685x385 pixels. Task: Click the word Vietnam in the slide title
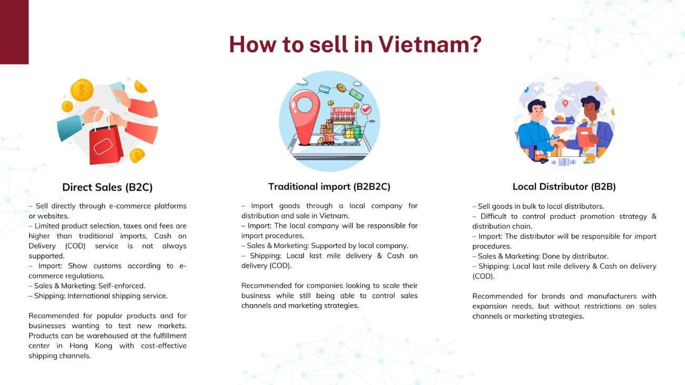coord(430,44)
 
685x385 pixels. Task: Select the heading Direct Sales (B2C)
coord(107,187)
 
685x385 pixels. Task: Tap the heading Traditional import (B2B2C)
coord(329,186)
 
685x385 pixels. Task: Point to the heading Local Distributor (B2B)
coord(564,186)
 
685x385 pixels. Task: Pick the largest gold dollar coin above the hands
coord(82,90)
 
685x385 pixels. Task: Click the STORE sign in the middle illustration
coord(343,110)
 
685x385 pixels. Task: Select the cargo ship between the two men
coord(563,120)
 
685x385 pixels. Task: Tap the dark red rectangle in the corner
coord(14,32)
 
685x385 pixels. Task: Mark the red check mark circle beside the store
coord(366,109)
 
